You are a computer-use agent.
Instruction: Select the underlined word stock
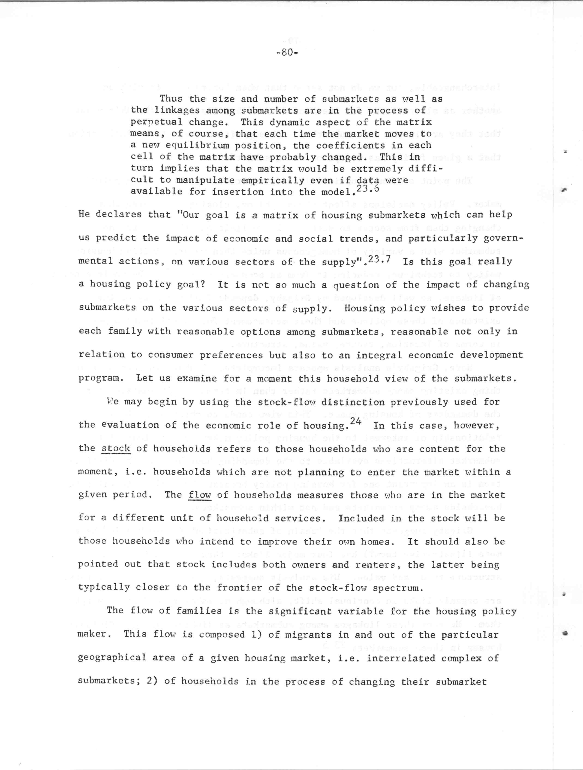(116, 448)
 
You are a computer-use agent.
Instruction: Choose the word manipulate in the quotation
(205, 180)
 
